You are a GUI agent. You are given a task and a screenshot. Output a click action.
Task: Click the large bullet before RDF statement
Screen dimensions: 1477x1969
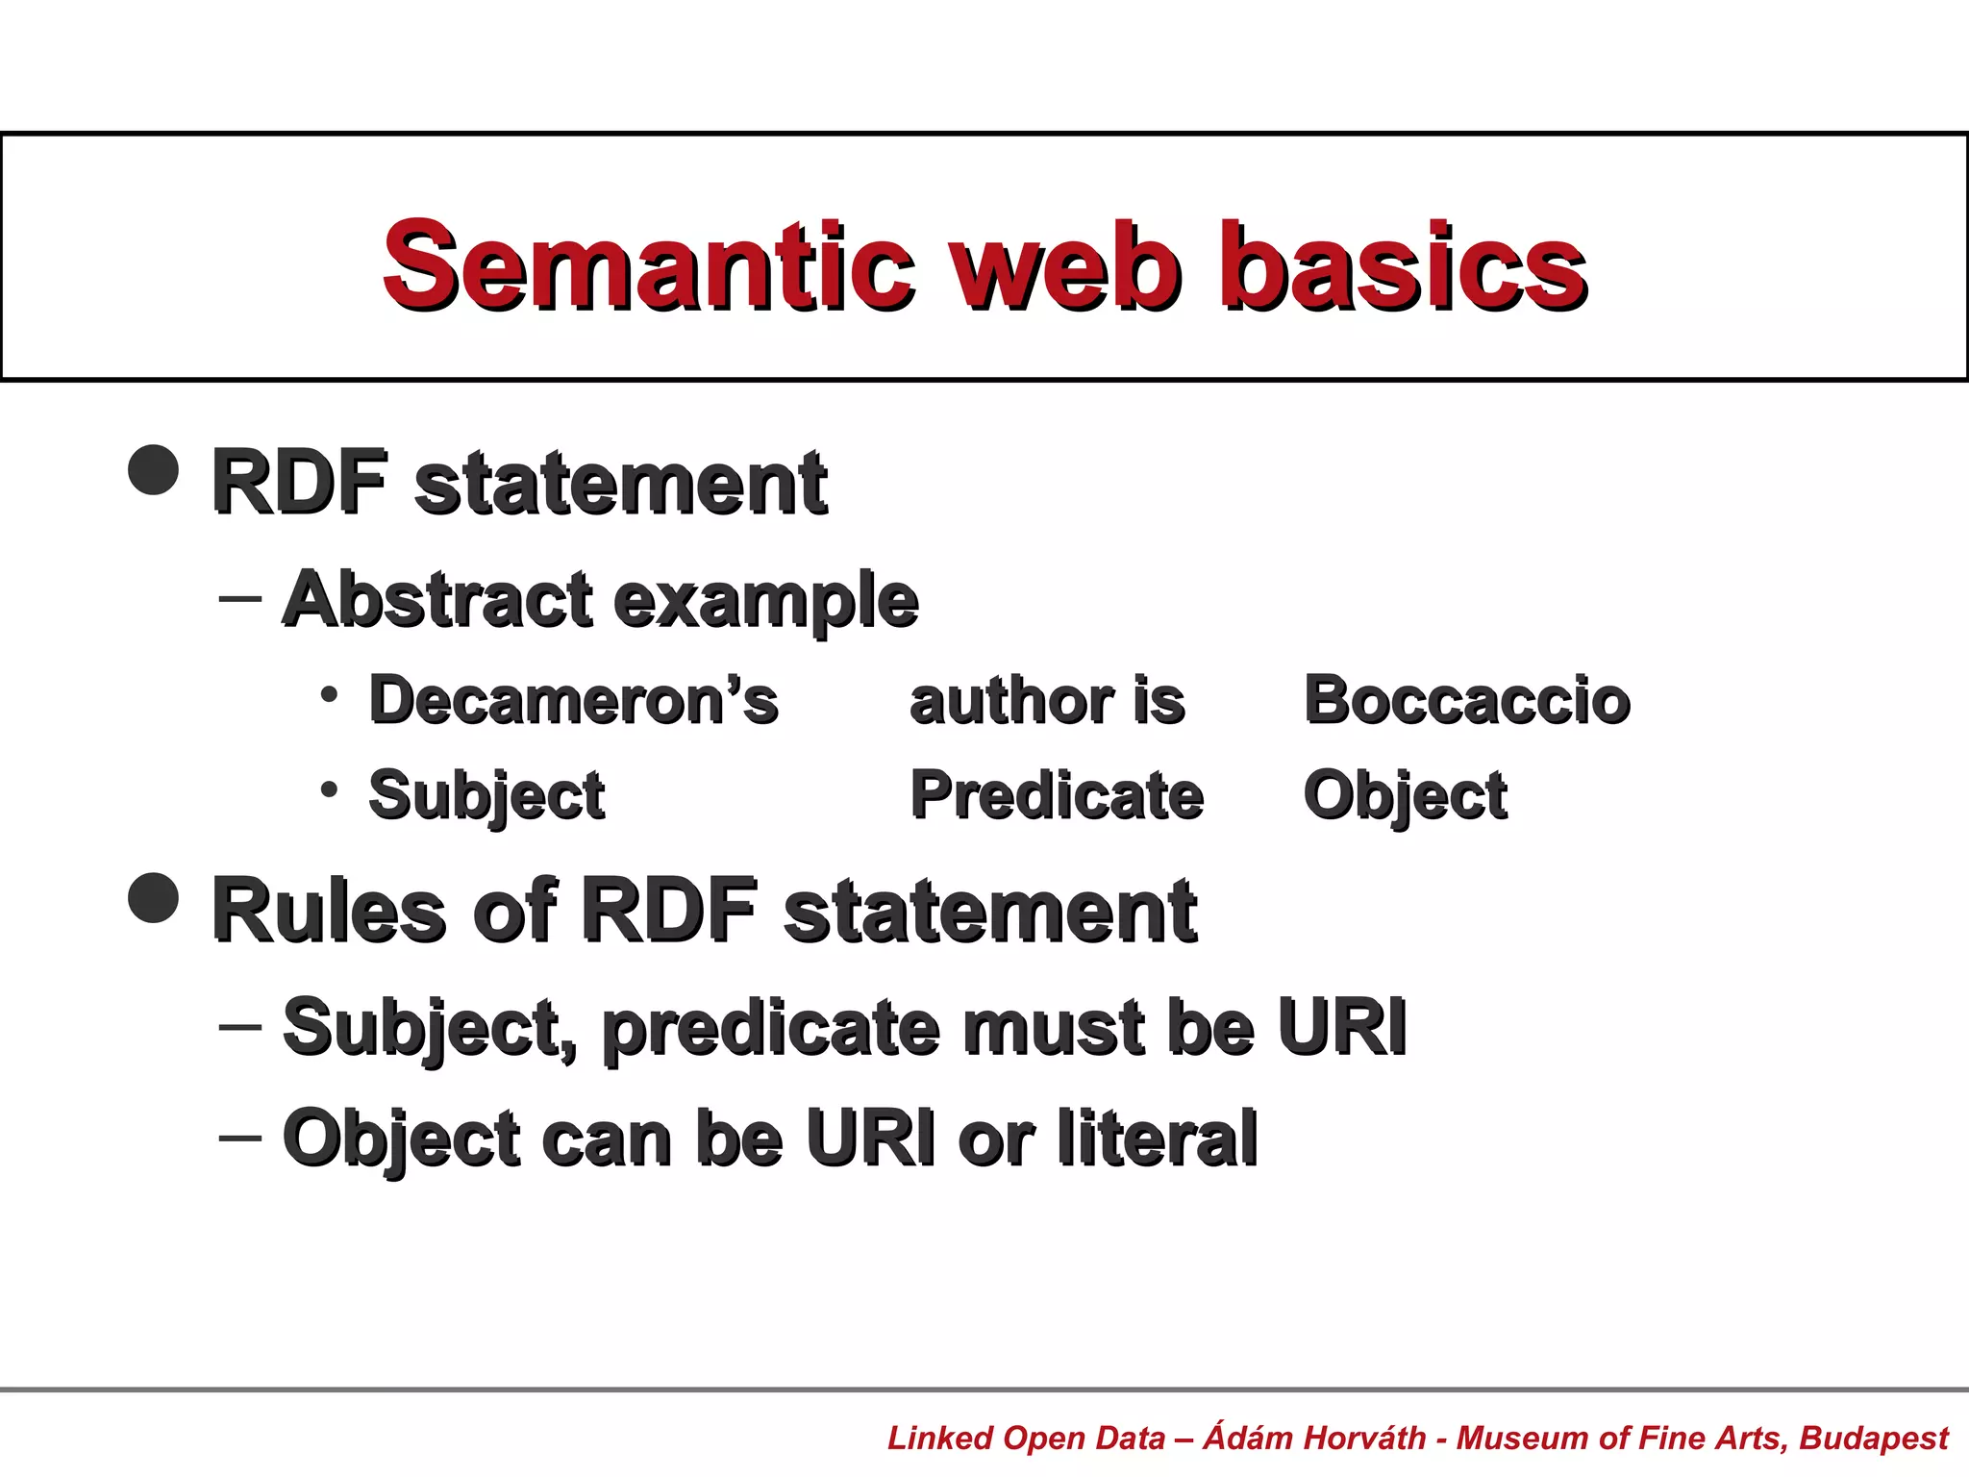[154, 469]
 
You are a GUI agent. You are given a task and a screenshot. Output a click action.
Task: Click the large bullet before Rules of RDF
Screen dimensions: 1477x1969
[154, 897]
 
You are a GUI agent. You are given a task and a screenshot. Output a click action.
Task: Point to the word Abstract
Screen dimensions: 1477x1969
[437, 599]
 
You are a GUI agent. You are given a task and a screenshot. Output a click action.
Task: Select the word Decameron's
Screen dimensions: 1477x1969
[573, 699]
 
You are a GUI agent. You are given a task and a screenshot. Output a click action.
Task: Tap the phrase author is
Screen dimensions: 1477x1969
[1047, 699]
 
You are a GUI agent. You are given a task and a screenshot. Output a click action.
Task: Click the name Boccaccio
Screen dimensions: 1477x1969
[1466, 699]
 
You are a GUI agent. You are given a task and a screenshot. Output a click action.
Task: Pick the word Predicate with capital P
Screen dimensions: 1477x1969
[1057, 795]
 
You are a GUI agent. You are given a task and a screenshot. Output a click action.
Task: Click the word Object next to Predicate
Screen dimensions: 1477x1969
[1405, 797]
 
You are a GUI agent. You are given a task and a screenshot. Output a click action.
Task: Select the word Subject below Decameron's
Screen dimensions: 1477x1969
[486, 797]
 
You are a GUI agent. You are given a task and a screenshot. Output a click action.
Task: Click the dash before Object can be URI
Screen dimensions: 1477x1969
[240, 1138]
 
